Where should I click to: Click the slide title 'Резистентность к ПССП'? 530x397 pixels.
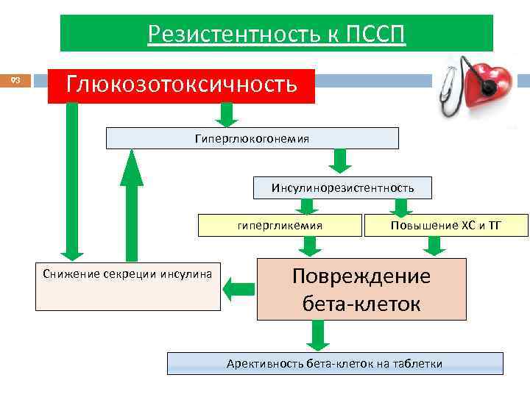tap(276, 34)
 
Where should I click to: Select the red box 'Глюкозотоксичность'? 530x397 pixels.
tap(182, 85)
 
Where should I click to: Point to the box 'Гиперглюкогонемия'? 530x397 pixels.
tap(252, 138)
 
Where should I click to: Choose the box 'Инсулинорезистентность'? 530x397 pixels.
tap(342, 188)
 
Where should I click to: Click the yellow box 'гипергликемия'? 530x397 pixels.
tap(279, 225)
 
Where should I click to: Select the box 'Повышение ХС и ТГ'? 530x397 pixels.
tap(446, 225)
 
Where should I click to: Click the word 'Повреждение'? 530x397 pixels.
tap(361, 276)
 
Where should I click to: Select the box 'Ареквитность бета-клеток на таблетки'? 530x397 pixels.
tap(335, 364)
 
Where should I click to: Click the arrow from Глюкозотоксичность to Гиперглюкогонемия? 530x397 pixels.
tap(227, 114)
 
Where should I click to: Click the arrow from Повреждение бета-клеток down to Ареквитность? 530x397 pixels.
tap(317, 336)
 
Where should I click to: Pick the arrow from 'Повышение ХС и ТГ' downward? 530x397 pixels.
tap(436, 247)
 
